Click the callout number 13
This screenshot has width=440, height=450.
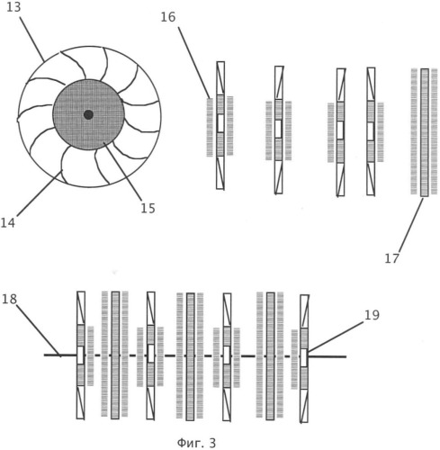click(13, 7)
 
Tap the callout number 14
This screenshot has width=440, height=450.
click(7, 223)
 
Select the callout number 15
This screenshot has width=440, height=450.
click(148, 208)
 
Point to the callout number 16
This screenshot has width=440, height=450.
click(168, 17)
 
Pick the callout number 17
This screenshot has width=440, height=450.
click(392, 258)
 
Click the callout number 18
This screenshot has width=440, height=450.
click(9, 299)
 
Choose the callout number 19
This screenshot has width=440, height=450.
click(372, 315)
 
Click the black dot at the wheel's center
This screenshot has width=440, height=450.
click(88, 114)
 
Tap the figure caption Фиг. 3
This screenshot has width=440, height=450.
click(196, 443)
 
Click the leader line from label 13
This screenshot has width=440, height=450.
click(32, 38)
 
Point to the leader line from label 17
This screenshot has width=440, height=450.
click(410, 225)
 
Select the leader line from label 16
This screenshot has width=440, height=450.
click(193, 62)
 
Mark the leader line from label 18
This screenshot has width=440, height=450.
click(39, 330)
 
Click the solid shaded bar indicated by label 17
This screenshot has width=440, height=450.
click(424, 132)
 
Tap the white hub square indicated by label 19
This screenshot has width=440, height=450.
click(304, 357)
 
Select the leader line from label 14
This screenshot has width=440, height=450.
click(40, 193)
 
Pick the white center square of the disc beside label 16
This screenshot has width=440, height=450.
click(220, 123)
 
